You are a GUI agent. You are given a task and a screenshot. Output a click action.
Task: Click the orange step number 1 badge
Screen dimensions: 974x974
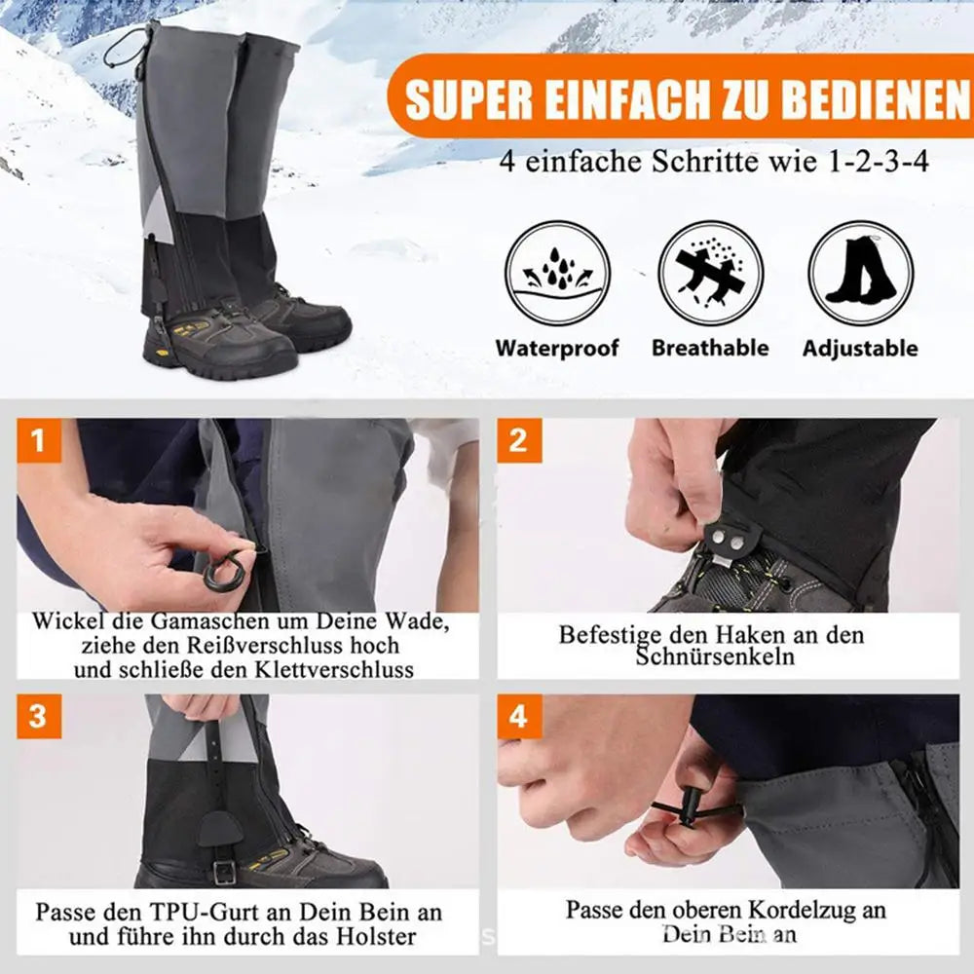(39, 440)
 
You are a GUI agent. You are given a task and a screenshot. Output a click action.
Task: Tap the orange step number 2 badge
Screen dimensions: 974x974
(519, 440)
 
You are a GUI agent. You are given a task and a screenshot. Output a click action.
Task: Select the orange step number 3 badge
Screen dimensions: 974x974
(39, 716)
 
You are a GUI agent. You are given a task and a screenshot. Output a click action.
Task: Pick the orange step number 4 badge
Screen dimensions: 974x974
(519, 716)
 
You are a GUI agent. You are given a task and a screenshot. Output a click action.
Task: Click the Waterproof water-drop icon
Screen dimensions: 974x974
(557, 274)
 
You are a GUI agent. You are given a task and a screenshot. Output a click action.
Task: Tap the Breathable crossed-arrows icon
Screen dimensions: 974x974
(710, 274)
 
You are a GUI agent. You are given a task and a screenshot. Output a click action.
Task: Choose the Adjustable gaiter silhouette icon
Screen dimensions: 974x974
(861, 274)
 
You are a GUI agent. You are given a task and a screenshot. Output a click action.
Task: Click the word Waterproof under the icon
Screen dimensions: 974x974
(557, 348)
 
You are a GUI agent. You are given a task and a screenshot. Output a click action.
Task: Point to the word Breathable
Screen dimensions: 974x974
(710, 348)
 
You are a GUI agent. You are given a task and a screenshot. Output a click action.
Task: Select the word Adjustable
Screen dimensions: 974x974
(860, 349)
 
